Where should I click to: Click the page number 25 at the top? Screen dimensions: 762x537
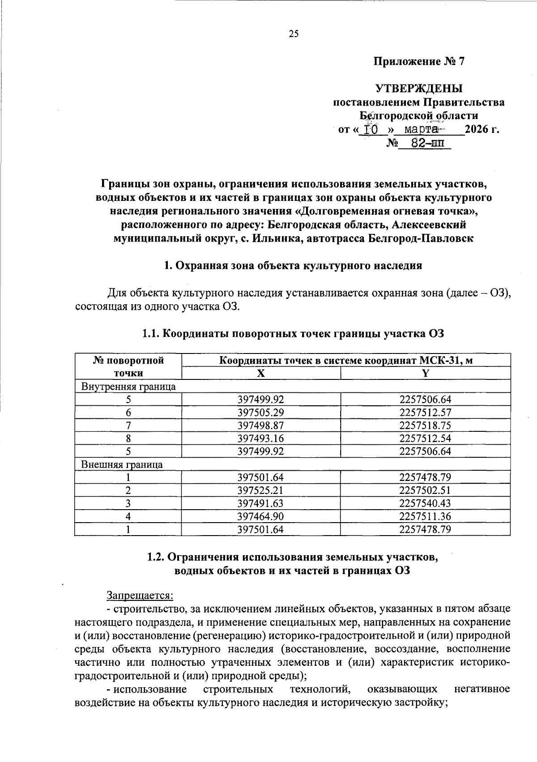[293, 34]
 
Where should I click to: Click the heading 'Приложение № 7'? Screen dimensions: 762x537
[419, 62]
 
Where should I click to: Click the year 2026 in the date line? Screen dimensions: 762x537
[477, 130]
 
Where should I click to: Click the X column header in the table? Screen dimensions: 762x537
[260, 373]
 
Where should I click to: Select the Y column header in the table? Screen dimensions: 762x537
[426, 373]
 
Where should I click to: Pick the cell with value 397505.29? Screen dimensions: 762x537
[260, 413]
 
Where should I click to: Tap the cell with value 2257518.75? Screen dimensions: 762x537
[425, 426]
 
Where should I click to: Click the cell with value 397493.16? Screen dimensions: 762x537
[260, 438]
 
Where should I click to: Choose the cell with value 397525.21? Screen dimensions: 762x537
[260, 490]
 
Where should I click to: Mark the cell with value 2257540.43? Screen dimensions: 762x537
[425, 503]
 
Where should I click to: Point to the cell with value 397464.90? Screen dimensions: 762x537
[260, 516]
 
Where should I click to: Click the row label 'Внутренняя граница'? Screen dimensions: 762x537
[128, 387]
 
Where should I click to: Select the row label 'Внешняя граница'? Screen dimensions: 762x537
[122, 464]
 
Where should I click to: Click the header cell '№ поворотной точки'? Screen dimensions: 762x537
[128, 366]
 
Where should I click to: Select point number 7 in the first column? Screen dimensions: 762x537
[128, 426]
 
